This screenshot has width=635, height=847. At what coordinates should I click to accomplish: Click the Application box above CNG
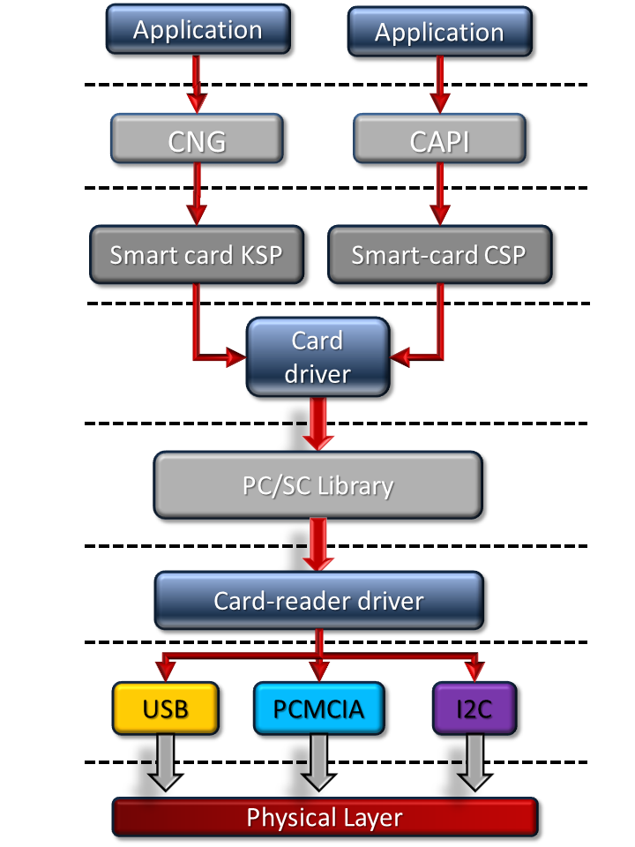pyautogui.click(x=198, y=29)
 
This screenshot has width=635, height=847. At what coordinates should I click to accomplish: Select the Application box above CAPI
pyautogui.click(x=439, y=33)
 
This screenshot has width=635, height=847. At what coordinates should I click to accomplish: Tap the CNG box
pyautogui.click(x=198, y=140)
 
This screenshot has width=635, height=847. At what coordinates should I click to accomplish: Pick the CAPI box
pyautogui.click(x=439, y=140)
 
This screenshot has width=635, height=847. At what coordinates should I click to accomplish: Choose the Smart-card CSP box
pyautogui.click(x=438, y=255)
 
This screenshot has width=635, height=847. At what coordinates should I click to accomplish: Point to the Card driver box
pyautogui.click(x=317, y=356)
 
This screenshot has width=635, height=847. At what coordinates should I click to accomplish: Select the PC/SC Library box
pyautogui.click(x=317, y=485)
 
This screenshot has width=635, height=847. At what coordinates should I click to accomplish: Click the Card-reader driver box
pyautogui.click(x=318, y=601)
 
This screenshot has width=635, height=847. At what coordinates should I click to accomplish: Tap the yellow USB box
pyautogui.click(x=165, y=708)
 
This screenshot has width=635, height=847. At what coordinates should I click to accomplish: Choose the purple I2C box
pyautogui.click(x=474, y=708)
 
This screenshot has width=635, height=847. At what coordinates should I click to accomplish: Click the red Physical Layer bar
pyautogui.click(x=325, y=817)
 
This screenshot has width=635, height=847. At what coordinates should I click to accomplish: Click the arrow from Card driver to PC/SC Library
pyautogui.click(x=318, y=423)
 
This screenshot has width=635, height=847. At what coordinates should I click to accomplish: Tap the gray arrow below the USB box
pyautogui.click(x=165, y=762)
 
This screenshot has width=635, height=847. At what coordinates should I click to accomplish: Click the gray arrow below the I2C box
pyautogui.click(x=474, y=762)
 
